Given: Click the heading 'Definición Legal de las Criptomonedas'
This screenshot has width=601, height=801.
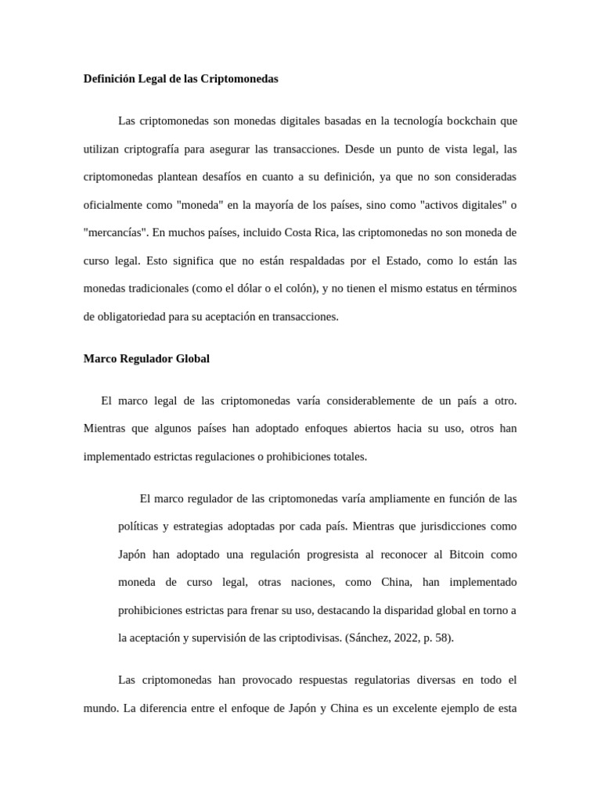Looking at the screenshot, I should click(x=181, y=79).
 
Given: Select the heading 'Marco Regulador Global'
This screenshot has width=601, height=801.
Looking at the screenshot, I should click(x=146, y=359).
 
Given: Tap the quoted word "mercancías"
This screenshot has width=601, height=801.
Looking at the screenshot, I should click(x=115, y=232).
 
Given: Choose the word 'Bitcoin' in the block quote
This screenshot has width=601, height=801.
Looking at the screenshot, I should click(x=467, y=555).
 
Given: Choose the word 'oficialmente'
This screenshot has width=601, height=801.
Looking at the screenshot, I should click(x=117, y=205).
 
